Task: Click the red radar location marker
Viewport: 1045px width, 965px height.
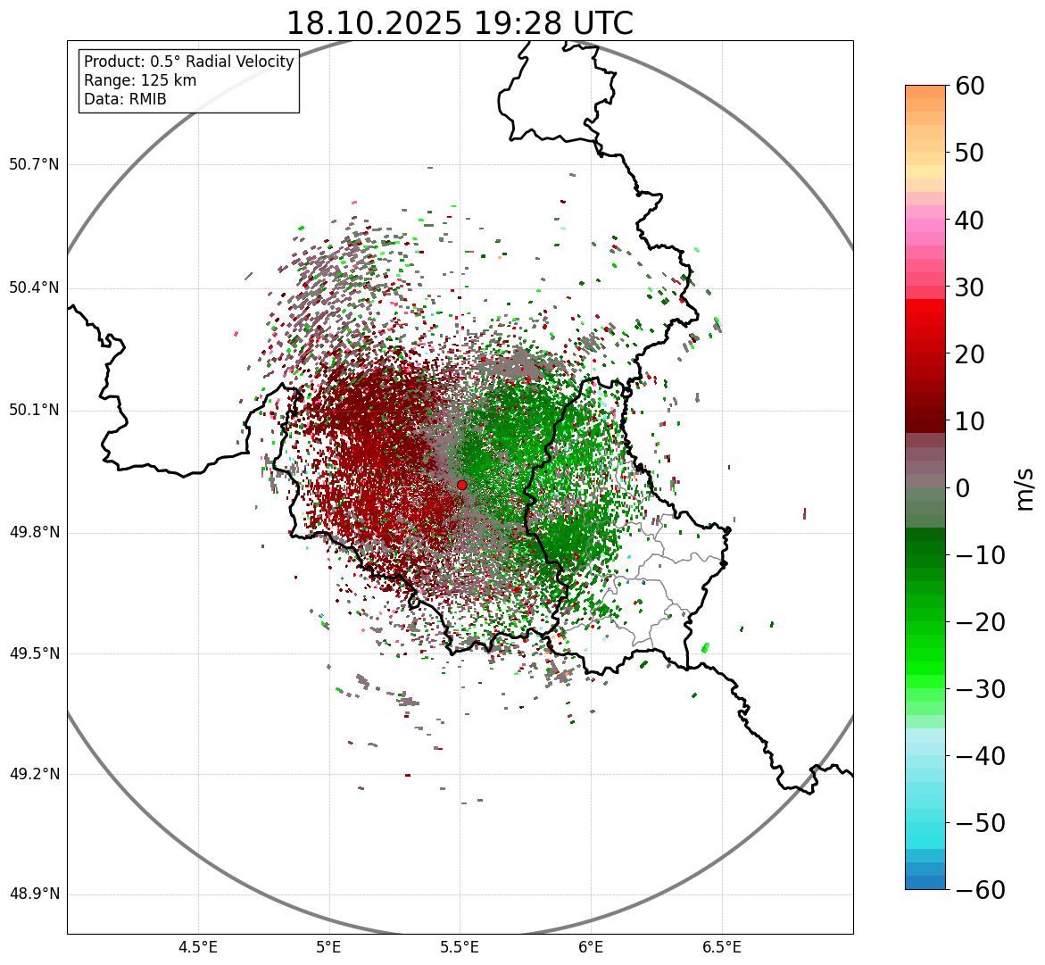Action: point(461,485)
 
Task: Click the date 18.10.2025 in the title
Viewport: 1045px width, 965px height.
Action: point(374,23)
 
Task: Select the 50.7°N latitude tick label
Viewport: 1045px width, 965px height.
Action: point(34,164)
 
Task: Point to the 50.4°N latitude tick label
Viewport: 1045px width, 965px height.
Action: point(34,287)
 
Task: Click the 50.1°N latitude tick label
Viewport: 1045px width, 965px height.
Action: point(34,411)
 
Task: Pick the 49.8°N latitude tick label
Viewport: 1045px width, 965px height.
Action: point(34,533)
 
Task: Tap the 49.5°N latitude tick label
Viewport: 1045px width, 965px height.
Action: point(34,653)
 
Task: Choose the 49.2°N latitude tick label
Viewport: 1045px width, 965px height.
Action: point(34,774)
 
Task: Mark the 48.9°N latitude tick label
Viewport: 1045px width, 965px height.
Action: point(34,894)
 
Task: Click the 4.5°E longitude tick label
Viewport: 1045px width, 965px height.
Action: point(198,946)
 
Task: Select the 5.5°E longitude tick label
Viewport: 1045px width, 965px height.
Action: point(460,946)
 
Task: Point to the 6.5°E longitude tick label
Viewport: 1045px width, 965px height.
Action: point(721,946)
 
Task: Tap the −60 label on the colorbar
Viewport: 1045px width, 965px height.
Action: point(980,890)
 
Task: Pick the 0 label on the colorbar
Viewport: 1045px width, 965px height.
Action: point(963,488)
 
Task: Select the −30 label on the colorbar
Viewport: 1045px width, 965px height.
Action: point(980,689)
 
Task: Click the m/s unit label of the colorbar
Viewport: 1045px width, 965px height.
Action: point(1026,488)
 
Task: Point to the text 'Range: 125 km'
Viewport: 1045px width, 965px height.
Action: point(140,80)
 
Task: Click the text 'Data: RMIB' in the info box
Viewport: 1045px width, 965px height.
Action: point(125,99)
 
